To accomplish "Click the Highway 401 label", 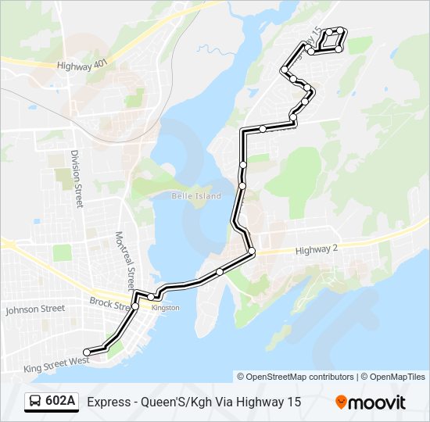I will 81,66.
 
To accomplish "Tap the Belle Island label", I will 196,195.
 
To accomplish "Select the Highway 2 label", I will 317,250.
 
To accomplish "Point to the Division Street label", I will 76,178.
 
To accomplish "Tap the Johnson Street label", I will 35,309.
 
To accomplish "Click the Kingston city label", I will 166,307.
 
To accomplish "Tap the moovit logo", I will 371,402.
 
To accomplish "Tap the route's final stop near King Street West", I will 86,352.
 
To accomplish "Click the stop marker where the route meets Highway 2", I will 251,252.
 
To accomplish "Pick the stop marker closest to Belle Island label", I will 242,185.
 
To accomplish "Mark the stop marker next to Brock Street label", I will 135,306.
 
